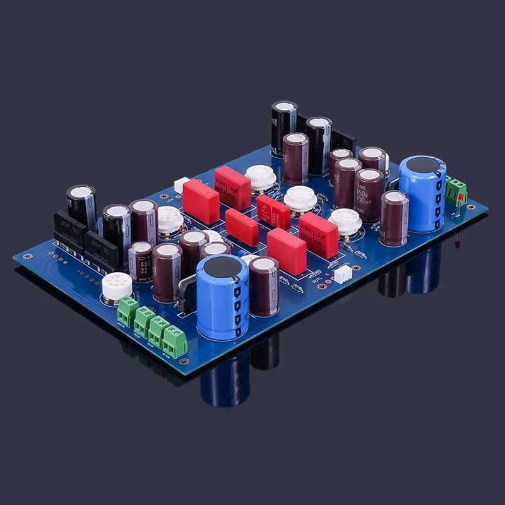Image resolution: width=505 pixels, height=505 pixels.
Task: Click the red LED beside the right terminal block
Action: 461,197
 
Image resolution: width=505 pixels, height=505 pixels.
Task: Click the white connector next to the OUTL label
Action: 343,273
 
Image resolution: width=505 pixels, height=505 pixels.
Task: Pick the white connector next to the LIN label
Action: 182,184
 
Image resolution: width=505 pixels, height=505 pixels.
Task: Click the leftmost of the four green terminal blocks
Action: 128,311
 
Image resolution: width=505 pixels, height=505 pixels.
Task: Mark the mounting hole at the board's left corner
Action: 27,257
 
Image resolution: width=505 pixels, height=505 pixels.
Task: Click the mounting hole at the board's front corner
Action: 184,362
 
